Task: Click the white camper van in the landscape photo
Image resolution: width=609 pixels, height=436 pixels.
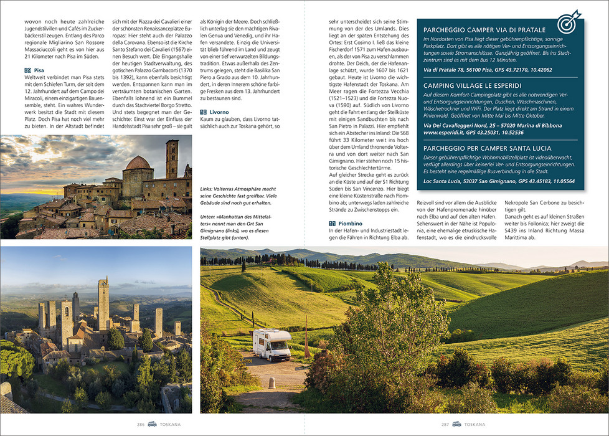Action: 271,343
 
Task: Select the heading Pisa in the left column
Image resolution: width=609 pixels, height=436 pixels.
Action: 39,70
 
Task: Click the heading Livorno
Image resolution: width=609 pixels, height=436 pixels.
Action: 219,112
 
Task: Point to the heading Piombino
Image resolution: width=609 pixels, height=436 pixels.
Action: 351,222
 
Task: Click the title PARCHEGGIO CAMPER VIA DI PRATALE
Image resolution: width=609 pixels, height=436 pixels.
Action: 484,29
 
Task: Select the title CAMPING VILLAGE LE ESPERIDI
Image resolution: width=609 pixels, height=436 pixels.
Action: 473,85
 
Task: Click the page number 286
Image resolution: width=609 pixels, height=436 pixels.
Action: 141,424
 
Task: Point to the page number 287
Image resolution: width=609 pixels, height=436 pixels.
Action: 445,424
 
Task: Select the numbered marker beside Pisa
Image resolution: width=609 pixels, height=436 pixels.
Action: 27,70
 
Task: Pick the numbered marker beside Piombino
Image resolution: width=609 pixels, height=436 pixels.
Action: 333,222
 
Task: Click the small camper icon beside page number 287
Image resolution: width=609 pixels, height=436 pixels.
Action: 457,424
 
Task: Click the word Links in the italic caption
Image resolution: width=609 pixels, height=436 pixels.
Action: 207,187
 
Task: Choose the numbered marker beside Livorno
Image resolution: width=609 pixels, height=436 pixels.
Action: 204,112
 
